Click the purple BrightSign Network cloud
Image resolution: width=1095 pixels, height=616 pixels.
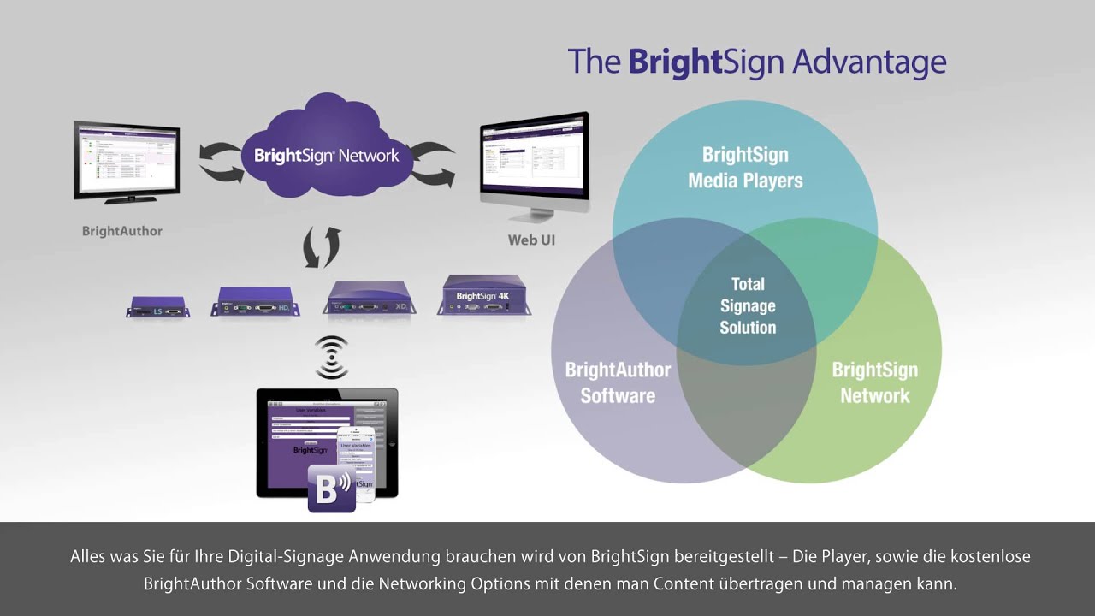pyautogui.click(x=326, y=150)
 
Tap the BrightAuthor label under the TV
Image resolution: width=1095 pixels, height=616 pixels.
pyautogui.click(x=121, y=231)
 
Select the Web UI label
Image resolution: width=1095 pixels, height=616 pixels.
pyautogui.click(x=531, y=240)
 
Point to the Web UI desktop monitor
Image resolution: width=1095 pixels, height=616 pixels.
pyautogui.click(x=534, y=159)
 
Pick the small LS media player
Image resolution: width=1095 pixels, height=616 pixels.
pyautogui.click(x=157, y=306)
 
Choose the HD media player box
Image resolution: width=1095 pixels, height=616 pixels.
pyautogui.click(x=255, y=302)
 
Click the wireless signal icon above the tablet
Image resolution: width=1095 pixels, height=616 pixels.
pyautogui.click(x=332, y=357)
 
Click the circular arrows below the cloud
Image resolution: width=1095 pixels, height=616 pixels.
pyautogui.click(x=322, y=247)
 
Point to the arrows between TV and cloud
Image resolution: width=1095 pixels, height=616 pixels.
pyautogui.click(x=221, y=163)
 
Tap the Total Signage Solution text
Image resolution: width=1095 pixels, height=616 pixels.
pyautogui.click(x=748, y=305)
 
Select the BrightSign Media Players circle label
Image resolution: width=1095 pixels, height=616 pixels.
pyautogui.click(x=745, y=168)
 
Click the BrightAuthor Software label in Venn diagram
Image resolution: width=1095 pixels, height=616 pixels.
pyautogui.click(x=618, y=382)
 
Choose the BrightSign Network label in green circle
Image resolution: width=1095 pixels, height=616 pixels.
pyautogui.click(x=874, y=382)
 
